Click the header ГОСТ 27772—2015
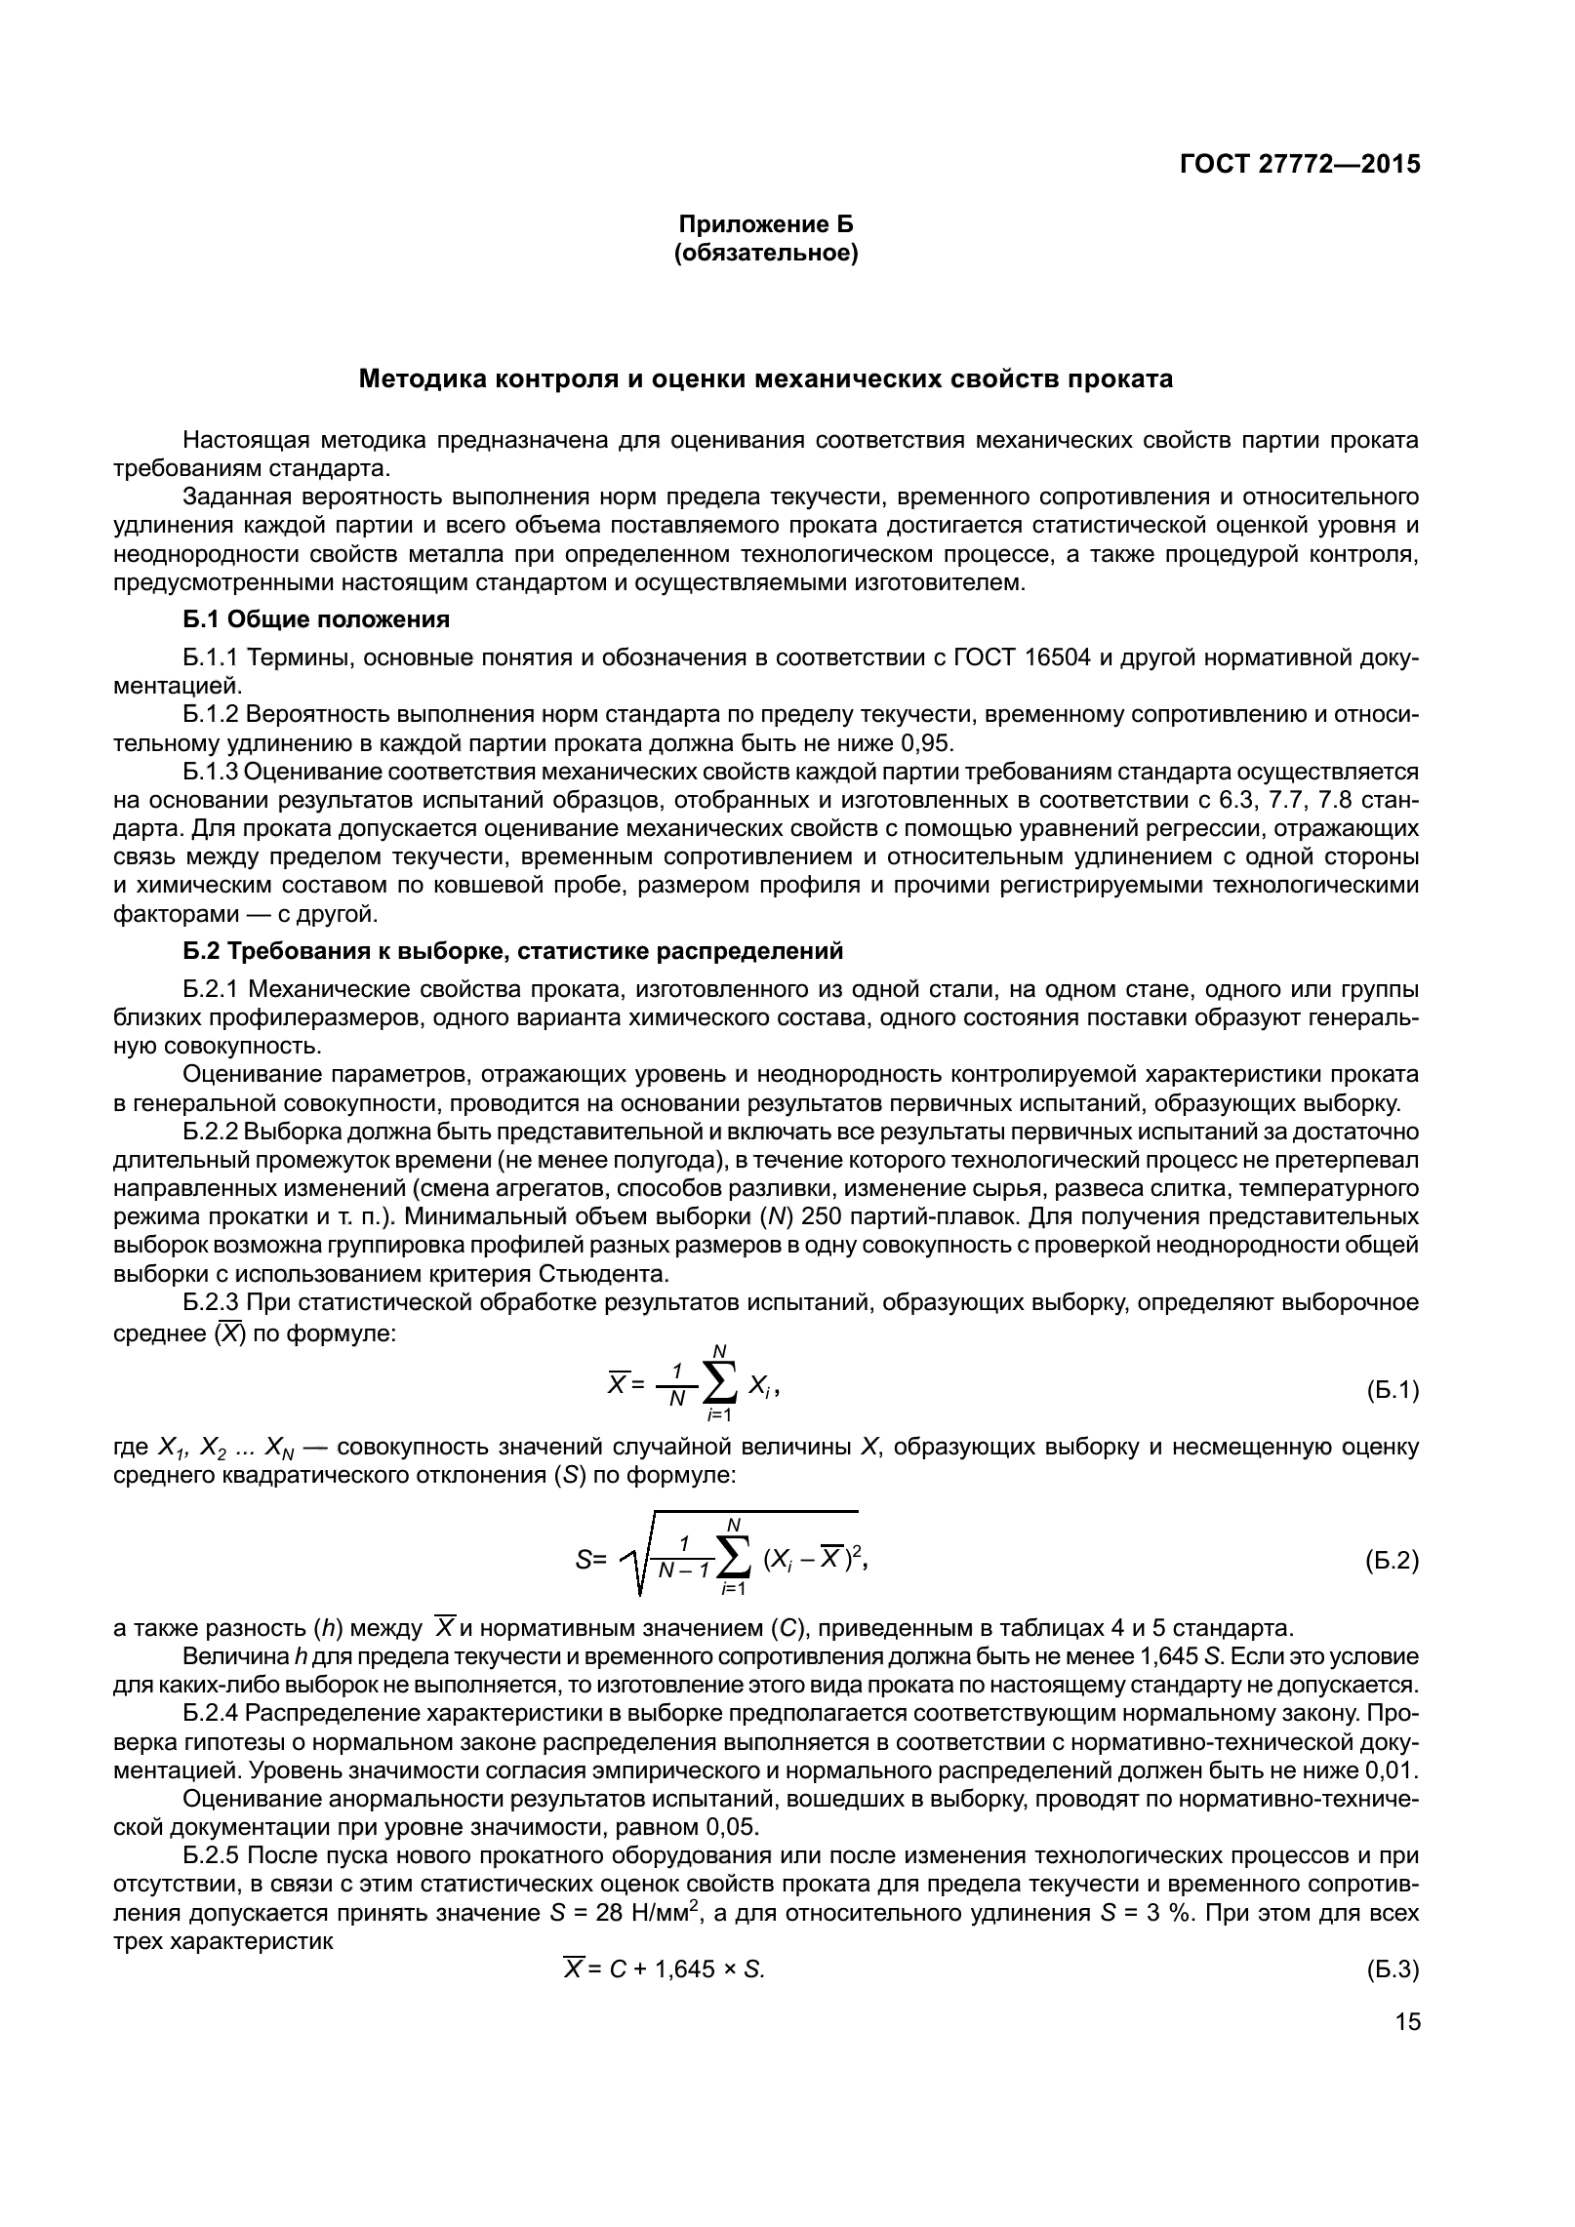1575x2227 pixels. pos(1299,164)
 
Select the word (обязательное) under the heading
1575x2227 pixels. pos(766,255)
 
